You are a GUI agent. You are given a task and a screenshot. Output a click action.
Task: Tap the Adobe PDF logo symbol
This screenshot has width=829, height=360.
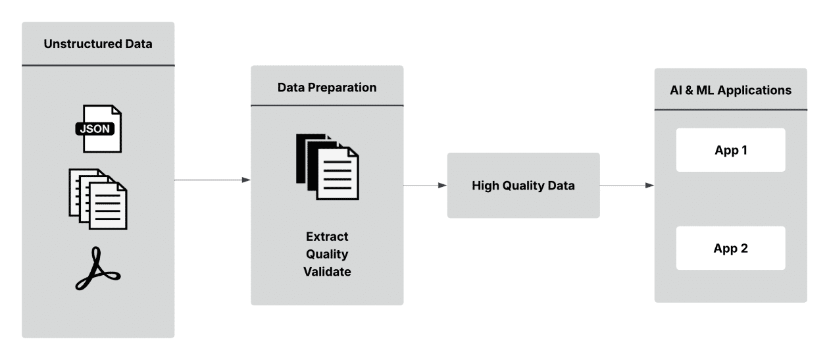pos(98,269)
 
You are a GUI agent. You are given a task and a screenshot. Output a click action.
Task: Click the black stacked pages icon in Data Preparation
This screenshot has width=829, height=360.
pos(327,167)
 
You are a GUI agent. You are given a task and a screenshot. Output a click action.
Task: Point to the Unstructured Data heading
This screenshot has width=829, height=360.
pos(98,45)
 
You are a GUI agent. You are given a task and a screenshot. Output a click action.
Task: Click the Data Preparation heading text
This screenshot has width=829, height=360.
pos(327,88)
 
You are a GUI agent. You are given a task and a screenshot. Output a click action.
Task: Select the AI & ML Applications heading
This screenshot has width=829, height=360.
pos(730,91)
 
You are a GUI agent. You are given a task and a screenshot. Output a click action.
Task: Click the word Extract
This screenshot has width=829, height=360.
pos(327,236)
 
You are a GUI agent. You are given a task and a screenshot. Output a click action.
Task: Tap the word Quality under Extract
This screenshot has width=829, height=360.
pos(327,254)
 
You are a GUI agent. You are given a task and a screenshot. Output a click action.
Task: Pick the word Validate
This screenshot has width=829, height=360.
pos(327,271)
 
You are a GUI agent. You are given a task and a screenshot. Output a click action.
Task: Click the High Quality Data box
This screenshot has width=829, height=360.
pos(523,186)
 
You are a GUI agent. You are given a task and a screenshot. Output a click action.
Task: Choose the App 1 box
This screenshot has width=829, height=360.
pos(730,150)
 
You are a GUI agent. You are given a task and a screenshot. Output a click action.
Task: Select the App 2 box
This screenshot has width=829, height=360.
pos(730,248)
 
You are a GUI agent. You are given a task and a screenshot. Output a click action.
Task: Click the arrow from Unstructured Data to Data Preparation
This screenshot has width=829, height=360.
pos(213,180)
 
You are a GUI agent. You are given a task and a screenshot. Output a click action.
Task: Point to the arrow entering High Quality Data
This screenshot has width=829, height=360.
pos(425,186)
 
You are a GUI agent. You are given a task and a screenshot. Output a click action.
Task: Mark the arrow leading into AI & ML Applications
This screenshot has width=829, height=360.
pos(627,186)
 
